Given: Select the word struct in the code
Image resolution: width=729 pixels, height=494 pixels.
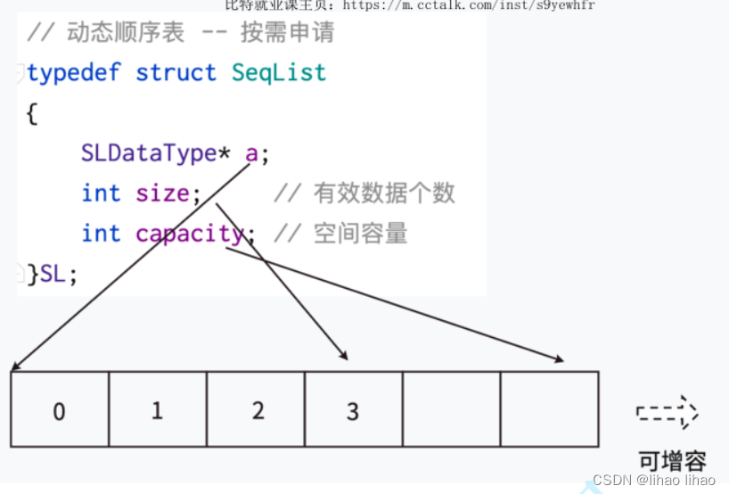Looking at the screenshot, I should pos(176,73).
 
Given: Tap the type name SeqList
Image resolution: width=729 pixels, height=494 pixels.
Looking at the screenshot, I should pos(279,73).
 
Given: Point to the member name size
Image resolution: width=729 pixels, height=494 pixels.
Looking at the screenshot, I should pos(162,193).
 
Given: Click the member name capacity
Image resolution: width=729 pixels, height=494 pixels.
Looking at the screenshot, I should pos(189,234).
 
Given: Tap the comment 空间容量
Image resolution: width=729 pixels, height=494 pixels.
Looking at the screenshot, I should pos(360,234).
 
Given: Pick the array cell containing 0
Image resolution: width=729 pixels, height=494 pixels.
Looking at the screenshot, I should pos(60,410).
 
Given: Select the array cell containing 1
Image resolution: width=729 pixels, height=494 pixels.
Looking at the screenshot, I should pos(158,410).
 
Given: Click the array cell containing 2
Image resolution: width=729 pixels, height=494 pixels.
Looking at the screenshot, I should pos(257,410).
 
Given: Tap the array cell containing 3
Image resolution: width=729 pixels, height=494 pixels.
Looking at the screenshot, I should pos(354,410).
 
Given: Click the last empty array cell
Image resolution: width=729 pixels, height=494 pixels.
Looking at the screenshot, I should pos(549,410).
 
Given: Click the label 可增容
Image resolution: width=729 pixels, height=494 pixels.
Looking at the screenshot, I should pos(673,460).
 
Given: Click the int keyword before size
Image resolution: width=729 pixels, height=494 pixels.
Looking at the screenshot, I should pos(101,193).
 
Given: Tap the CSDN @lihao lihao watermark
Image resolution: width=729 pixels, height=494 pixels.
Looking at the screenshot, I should pos(654,480).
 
